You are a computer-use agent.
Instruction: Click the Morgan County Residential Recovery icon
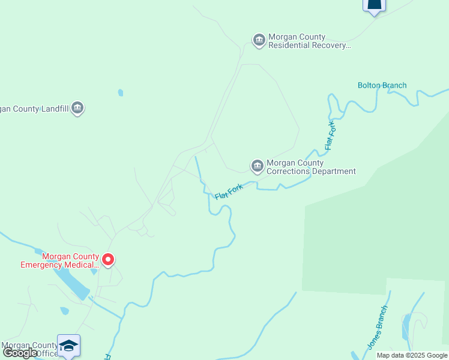coord(259,40)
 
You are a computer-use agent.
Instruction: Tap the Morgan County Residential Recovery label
coord(309,41)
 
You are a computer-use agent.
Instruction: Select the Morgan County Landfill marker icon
coord(77,108)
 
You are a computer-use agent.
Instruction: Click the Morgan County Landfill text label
coord(35,109)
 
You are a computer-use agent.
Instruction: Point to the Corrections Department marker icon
coord(257,166)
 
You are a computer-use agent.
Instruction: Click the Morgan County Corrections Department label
coord(311,167)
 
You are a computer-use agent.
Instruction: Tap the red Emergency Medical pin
coord(108,260)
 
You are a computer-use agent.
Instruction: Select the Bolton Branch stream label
coord(382,85)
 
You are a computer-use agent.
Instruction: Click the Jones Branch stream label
coord(377,328)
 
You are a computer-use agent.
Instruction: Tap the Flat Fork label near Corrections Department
coord(229,192)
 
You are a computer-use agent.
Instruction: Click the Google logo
coord(20,353)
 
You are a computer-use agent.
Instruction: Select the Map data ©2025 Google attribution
coord(412,355)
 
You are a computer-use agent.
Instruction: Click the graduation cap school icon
coord(69,346)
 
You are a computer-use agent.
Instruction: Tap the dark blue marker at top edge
coord(373,5)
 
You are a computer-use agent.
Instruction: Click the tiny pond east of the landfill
coord(121,92)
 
